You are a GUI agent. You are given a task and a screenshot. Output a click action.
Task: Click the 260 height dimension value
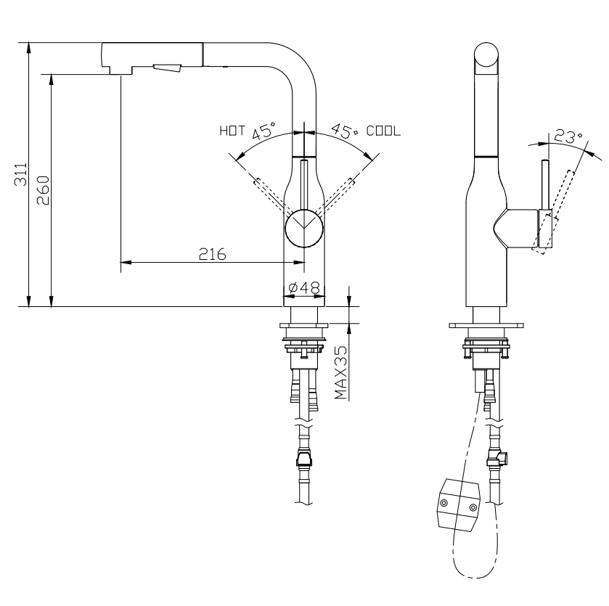(43, 189)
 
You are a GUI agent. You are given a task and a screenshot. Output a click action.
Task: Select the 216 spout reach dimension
(212, 254)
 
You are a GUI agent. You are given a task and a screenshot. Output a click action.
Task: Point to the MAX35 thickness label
(341, 372)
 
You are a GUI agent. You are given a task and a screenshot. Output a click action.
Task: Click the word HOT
(232, 132)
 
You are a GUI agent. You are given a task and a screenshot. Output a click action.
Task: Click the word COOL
(383, 132)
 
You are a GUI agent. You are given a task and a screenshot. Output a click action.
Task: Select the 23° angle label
(567, 136)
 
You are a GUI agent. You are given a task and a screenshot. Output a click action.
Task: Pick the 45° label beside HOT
(264, 132)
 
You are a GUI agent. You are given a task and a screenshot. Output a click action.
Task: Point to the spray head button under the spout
(167, 68)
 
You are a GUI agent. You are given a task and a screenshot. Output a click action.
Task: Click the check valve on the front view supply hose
(303, 459)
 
